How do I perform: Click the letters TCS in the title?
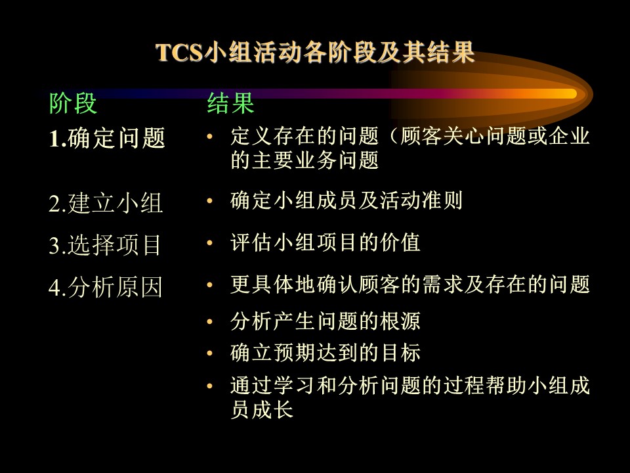click(178, 53)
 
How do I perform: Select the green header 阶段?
click(73, 103)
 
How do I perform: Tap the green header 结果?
click(230, 103)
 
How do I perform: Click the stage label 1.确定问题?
click(107, 138)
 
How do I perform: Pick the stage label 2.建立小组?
click(106, 203)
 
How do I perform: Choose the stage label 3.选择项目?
click(105, 245)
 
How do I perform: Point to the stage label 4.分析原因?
click(106, 287)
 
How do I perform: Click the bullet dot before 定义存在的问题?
click(209, 137)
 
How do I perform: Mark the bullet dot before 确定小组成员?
click(209, 200)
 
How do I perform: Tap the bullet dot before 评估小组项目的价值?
click(209, 242)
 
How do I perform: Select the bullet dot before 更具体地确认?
click(209, 284)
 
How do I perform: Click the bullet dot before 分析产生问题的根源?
click(209, 321)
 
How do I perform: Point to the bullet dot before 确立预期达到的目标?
click(209, 353)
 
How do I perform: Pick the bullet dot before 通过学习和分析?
click(209, 386)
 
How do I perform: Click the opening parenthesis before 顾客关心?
click(393, 137)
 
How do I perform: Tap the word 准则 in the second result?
click(442, 200)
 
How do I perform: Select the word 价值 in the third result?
click(400, 242)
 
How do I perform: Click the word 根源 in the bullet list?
click(400, 321)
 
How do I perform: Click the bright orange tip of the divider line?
click(576, 94)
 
